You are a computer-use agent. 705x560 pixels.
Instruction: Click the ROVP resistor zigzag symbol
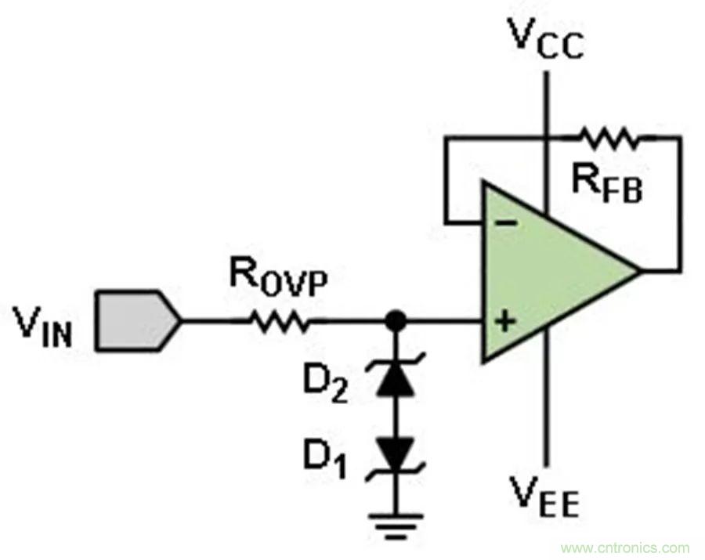click(278, 320)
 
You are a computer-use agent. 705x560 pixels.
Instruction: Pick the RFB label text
click(606, 186)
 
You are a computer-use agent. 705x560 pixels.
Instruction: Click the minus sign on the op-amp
click(507, 223)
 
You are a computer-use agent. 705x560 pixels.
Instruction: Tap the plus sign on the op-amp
click(507, 320)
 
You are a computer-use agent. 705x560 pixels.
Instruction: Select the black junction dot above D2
click(397, 320)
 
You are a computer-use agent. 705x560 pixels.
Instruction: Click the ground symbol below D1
click(397, 521)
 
